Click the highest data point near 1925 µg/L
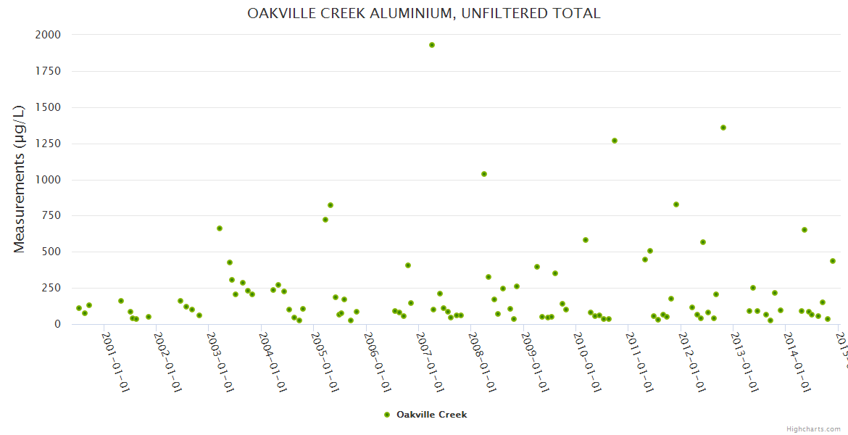point(432,45)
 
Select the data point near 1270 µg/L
point(615,141)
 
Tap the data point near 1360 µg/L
point(723,128)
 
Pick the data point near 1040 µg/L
point(484,174)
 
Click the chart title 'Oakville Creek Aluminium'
point(424,14)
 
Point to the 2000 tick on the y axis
point(48,35)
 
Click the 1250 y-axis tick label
point(48,144)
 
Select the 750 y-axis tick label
point(51,216)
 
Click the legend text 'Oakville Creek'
point(432,415)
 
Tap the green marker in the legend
point(386,415)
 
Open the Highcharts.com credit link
point(813,429)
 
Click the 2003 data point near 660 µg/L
point(220,228)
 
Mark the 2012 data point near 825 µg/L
point(676,204)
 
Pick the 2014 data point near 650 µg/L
point(805,230)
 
